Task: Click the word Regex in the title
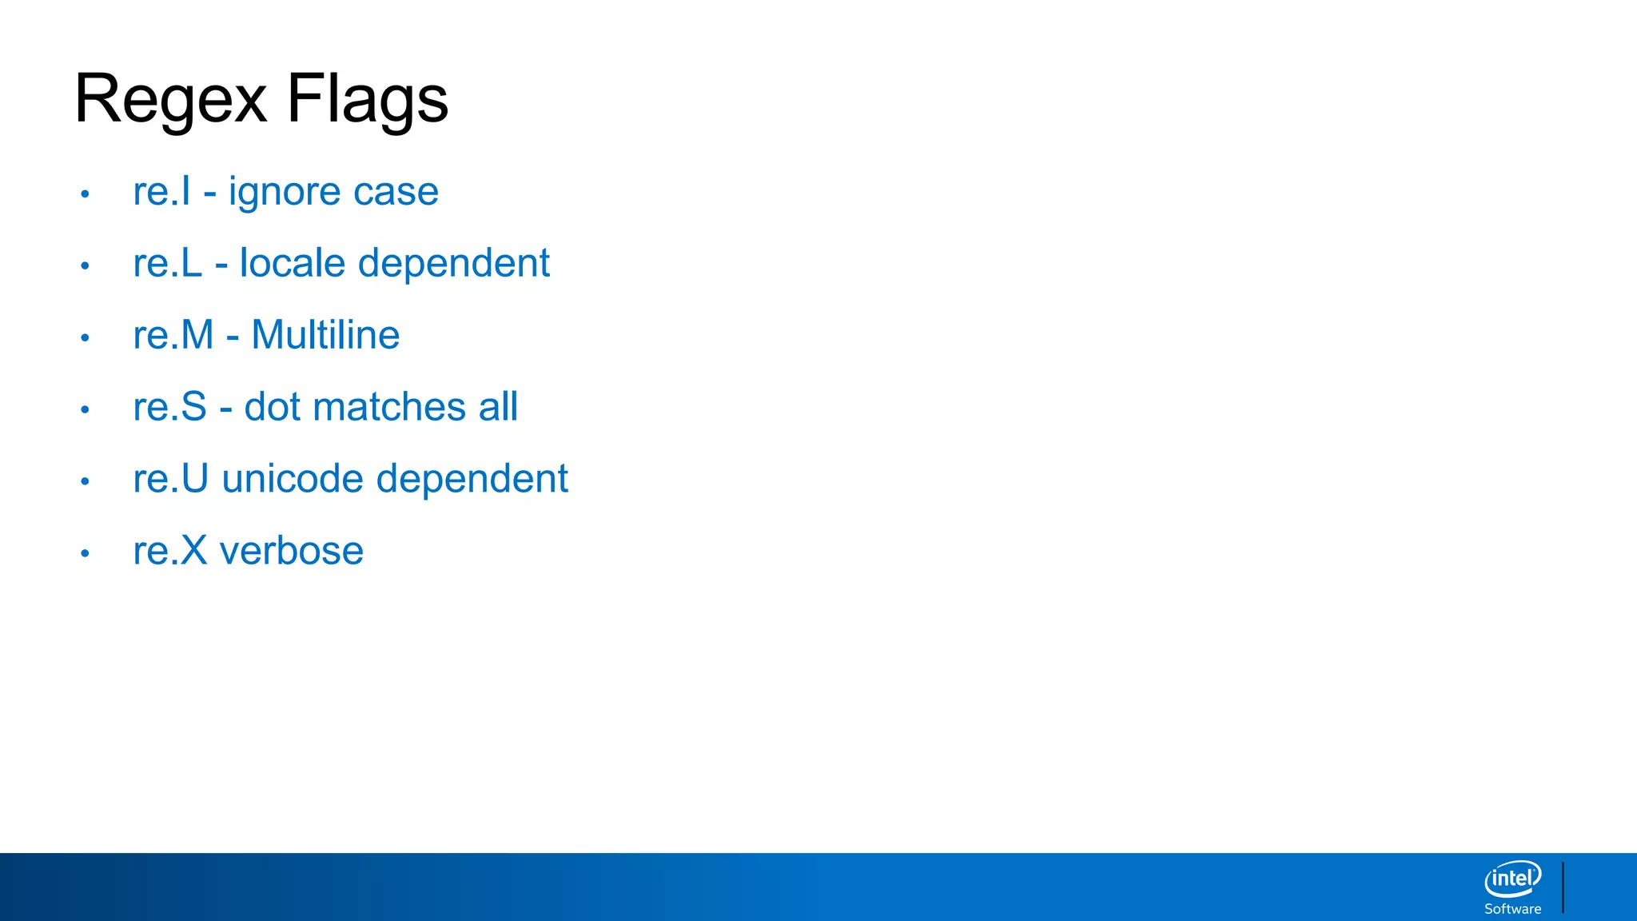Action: coord(170,99)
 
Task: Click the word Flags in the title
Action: coord(367,99)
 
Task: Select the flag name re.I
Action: coord(162,192)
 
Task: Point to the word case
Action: coord(396,192)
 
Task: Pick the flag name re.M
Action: coord(173,335)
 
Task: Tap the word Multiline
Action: coord(325,335)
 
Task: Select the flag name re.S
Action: coord(170,407)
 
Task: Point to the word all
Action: coord(498,407)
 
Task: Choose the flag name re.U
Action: coord(171,479)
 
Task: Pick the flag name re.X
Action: coord(170,551)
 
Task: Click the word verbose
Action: coord(292,551)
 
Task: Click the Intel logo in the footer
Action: coord(1512,879)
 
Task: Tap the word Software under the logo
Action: coord(1512,909)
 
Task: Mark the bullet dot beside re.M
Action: coord(85,337)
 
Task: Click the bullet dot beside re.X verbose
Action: coord(85,553)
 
